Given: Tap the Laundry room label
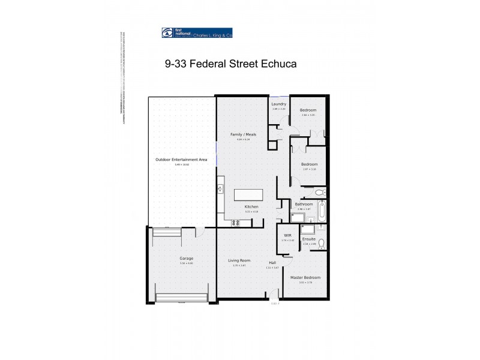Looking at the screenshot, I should click(279, 104).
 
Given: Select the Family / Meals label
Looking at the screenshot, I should click(243, 134).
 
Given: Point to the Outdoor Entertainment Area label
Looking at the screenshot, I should click(181, 160).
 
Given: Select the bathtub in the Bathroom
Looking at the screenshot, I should click(322, 211).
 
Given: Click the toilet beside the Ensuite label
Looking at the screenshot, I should click(321, 243).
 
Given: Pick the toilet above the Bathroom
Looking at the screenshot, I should click(320, 193).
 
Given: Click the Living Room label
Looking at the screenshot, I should click(239, 260).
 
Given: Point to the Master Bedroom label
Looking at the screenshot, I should click(305, 278).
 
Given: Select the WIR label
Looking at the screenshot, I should click(287, 236).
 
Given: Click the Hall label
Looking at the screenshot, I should click(272, 263).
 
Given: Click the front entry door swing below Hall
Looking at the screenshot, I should click(274, 295).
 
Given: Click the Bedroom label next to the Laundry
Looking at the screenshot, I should click(308, 110).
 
